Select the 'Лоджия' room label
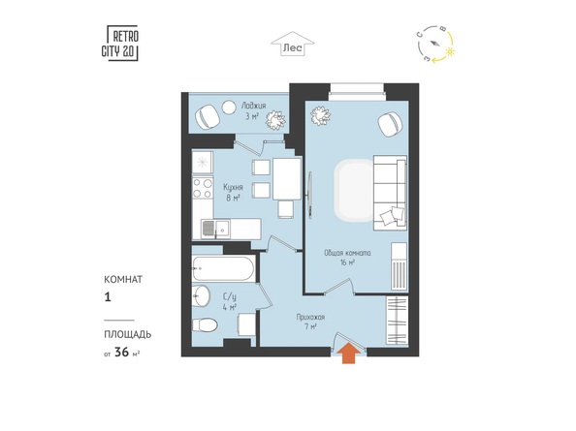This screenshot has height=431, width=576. point(228,106)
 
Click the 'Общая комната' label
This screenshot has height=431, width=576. point(347,254)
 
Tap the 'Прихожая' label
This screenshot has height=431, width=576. point(312,317)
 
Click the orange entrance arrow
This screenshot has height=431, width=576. point(346,354)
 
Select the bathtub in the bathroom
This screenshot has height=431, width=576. point(223,266)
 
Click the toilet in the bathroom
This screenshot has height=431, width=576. point(205,325)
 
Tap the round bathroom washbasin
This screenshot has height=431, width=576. point(201,295)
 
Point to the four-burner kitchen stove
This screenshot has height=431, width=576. point(203,187)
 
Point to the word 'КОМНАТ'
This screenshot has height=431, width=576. point(123,279)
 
